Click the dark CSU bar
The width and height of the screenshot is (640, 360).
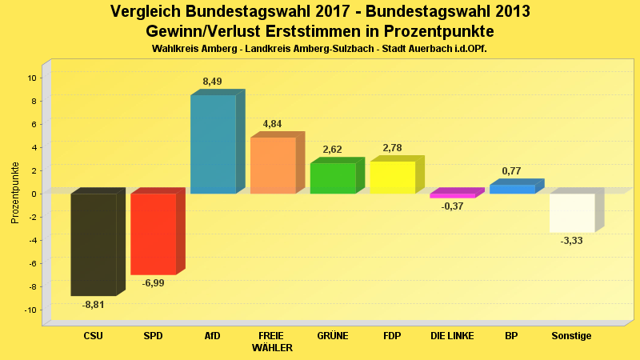click(94, 244)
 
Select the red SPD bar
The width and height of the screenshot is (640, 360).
click(153, 234)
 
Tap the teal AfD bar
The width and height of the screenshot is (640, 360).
click(213, 144)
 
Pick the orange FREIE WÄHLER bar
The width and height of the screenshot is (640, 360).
click(273, 166)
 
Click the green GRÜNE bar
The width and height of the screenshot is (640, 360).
click(333, 178)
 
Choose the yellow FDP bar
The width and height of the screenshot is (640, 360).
click(392, 178)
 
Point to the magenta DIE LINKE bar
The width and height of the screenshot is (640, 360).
click(452, 195)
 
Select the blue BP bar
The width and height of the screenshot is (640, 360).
click(512, 189)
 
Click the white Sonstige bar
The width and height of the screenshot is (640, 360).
click(572, 213)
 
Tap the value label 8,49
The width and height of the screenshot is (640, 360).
click(213, 82)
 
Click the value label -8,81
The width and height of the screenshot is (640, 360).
click(94, 305)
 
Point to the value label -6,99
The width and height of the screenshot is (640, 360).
click(153, 283)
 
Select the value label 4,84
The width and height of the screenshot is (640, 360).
click(273, 124)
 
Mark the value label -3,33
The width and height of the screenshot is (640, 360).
click(572, 241)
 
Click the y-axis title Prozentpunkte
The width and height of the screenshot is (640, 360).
click(15, 194)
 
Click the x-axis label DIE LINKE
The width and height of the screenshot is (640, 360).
click(452, 336)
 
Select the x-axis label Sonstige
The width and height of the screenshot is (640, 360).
click(572, 336)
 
